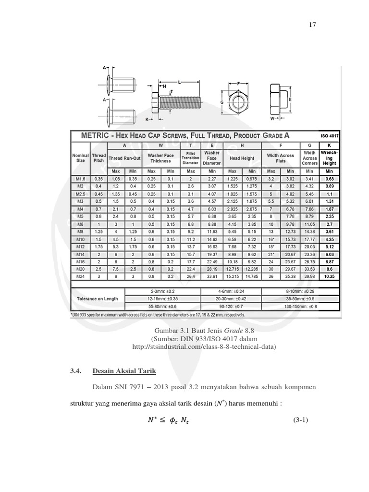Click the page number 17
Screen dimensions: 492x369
click(x=312, y=25)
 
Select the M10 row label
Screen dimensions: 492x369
click(x=80, y=239)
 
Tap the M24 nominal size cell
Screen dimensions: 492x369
click(x=80, y=276)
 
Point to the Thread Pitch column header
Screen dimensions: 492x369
click(x=99, y=158)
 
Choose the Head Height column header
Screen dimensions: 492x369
click(x=242, y=158)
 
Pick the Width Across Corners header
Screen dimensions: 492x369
click(x=310, y=158)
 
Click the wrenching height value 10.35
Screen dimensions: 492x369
click(x=330, y=277)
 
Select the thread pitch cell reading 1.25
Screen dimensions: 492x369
click(x=99, y=232)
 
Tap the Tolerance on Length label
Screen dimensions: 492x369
click(x=98, y=298)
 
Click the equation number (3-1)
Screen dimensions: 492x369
click(x=300, y=420)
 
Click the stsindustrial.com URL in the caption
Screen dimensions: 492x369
click(x=204, y=346)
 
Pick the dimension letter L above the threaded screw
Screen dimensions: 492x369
click(x=179, y=82)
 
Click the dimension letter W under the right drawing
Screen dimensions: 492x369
click(x=272, y=118)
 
